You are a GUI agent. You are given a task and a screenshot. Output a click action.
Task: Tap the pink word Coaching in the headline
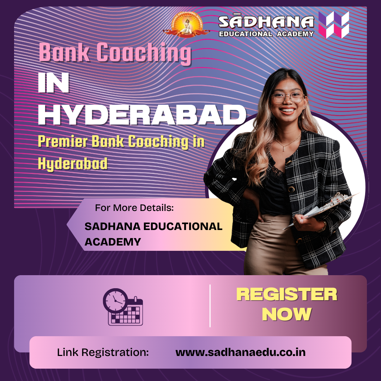144,53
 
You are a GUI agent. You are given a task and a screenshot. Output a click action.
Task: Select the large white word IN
53,84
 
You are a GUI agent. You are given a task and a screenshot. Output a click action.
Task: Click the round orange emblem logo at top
185,25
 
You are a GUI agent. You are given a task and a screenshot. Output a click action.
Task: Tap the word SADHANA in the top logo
266,22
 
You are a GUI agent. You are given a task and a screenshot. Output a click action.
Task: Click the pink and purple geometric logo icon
333,25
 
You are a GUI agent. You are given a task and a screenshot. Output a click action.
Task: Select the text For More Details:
134,208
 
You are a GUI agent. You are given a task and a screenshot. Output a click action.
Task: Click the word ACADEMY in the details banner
113,242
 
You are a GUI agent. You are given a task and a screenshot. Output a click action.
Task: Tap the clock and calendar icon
123,307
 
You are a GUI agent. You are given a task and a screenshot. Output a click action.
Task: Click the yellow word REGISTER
286,295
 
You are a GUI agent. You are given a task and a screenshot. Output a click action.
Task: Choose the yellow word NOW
286,314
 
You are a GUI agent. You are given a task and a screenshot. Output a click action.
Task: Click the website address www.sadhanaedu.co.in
240,352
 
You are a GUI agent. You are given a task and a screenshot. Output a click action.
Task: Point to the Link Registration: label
103,352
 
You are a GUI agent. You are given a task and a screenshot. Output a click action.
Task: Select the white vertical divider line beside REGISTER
210,306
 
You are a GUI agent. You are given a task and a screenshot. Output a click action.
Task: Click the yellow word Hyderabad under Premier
72,164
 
